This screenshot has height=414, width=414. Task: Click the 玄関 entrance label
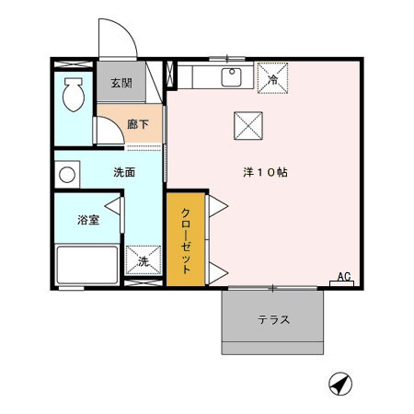(x=121, y=84)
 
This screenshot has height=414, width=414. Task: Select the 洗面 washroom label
(x=124, y=172)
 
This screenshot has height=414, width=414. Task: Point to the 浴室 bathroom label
(x=87, y=220)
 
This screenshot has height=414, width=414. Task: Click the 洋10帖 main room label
(x=267, y=172)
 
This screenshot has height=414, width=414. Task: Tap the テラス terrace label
(x=273, y=320)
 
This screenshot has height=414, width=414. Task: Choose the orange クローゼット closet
(x=185, y=240)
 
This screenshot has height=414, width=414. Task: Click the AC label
(x=343, y=276)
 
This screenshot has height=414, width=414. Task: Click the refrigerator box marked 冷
(x=272, y=78)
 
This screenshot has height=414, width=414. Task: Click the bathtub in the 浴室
(x=86, y=265)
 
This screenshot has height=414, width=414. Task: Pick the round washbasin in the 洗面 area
(x=67, y=172)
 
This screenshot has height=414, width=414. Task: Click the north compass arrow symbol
(x=339, y=384)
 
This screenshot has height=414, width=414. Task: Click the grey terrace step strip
(x=273, y=349)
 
